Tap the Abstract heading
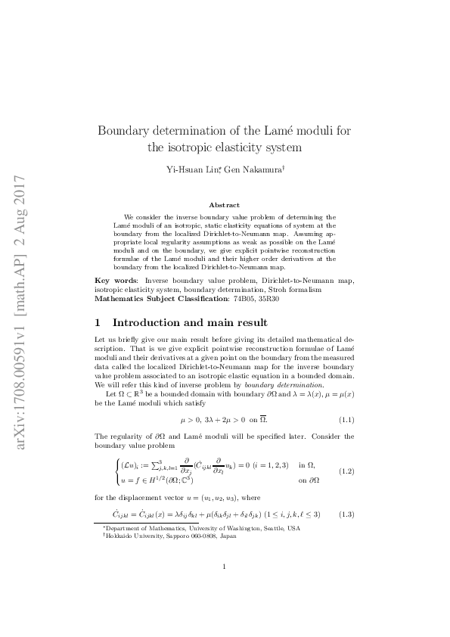coord(225,205)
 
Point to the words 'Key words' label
coord(116,280)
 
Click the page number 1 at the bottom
coord(225,587)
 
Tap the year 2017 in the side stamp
coord(21,194)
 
